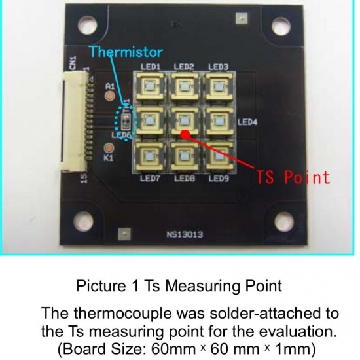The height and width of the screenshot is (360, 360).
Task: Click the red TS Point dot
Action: pos(185,134)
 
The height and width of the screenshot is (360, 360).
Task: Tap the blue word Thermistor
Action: pos(126,52)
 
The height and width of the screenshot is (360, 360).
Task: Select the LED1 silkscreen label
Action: pos(151,67)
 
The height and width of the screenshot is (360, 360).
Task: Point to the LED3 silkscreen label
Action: pos(219,67)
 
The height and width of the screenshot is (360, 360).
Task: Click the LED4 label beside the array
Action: pos(247,122)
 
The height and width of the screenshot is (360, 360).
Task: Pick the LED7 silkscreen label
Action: pos(150,179)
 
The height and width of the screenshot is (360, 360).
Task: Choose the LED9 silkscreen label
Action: pos(219,179)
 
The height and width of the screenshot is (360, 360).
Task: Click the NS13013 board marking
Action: pos(185,234)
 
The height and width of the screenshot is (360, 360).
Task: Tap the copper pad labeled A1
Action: pos(110,96)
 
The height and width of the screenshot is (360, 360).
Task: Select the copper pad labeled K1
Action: pos(109,148)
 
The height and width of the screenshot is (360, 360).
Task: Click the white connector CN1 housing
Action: pos(73,121)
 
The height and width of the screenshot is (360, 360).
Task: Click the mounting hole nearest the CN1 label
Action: pos(87,25)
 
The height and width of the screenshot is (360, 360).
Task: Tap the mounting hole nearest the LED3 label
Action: pos(281,26)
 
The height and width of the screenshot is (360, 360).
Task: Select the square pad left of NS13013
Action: pos(124,234)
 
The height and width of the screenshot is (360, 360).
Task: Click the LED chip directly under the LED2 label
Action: pos(184,87)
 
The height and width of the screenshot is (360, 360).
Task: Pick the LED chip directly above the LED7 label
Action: pos(150,156)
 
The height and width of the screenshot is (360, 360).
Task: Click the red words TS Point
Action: pos(293,177)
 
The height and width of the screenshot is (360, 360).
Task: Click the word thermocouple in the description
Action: pos(122,314)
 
